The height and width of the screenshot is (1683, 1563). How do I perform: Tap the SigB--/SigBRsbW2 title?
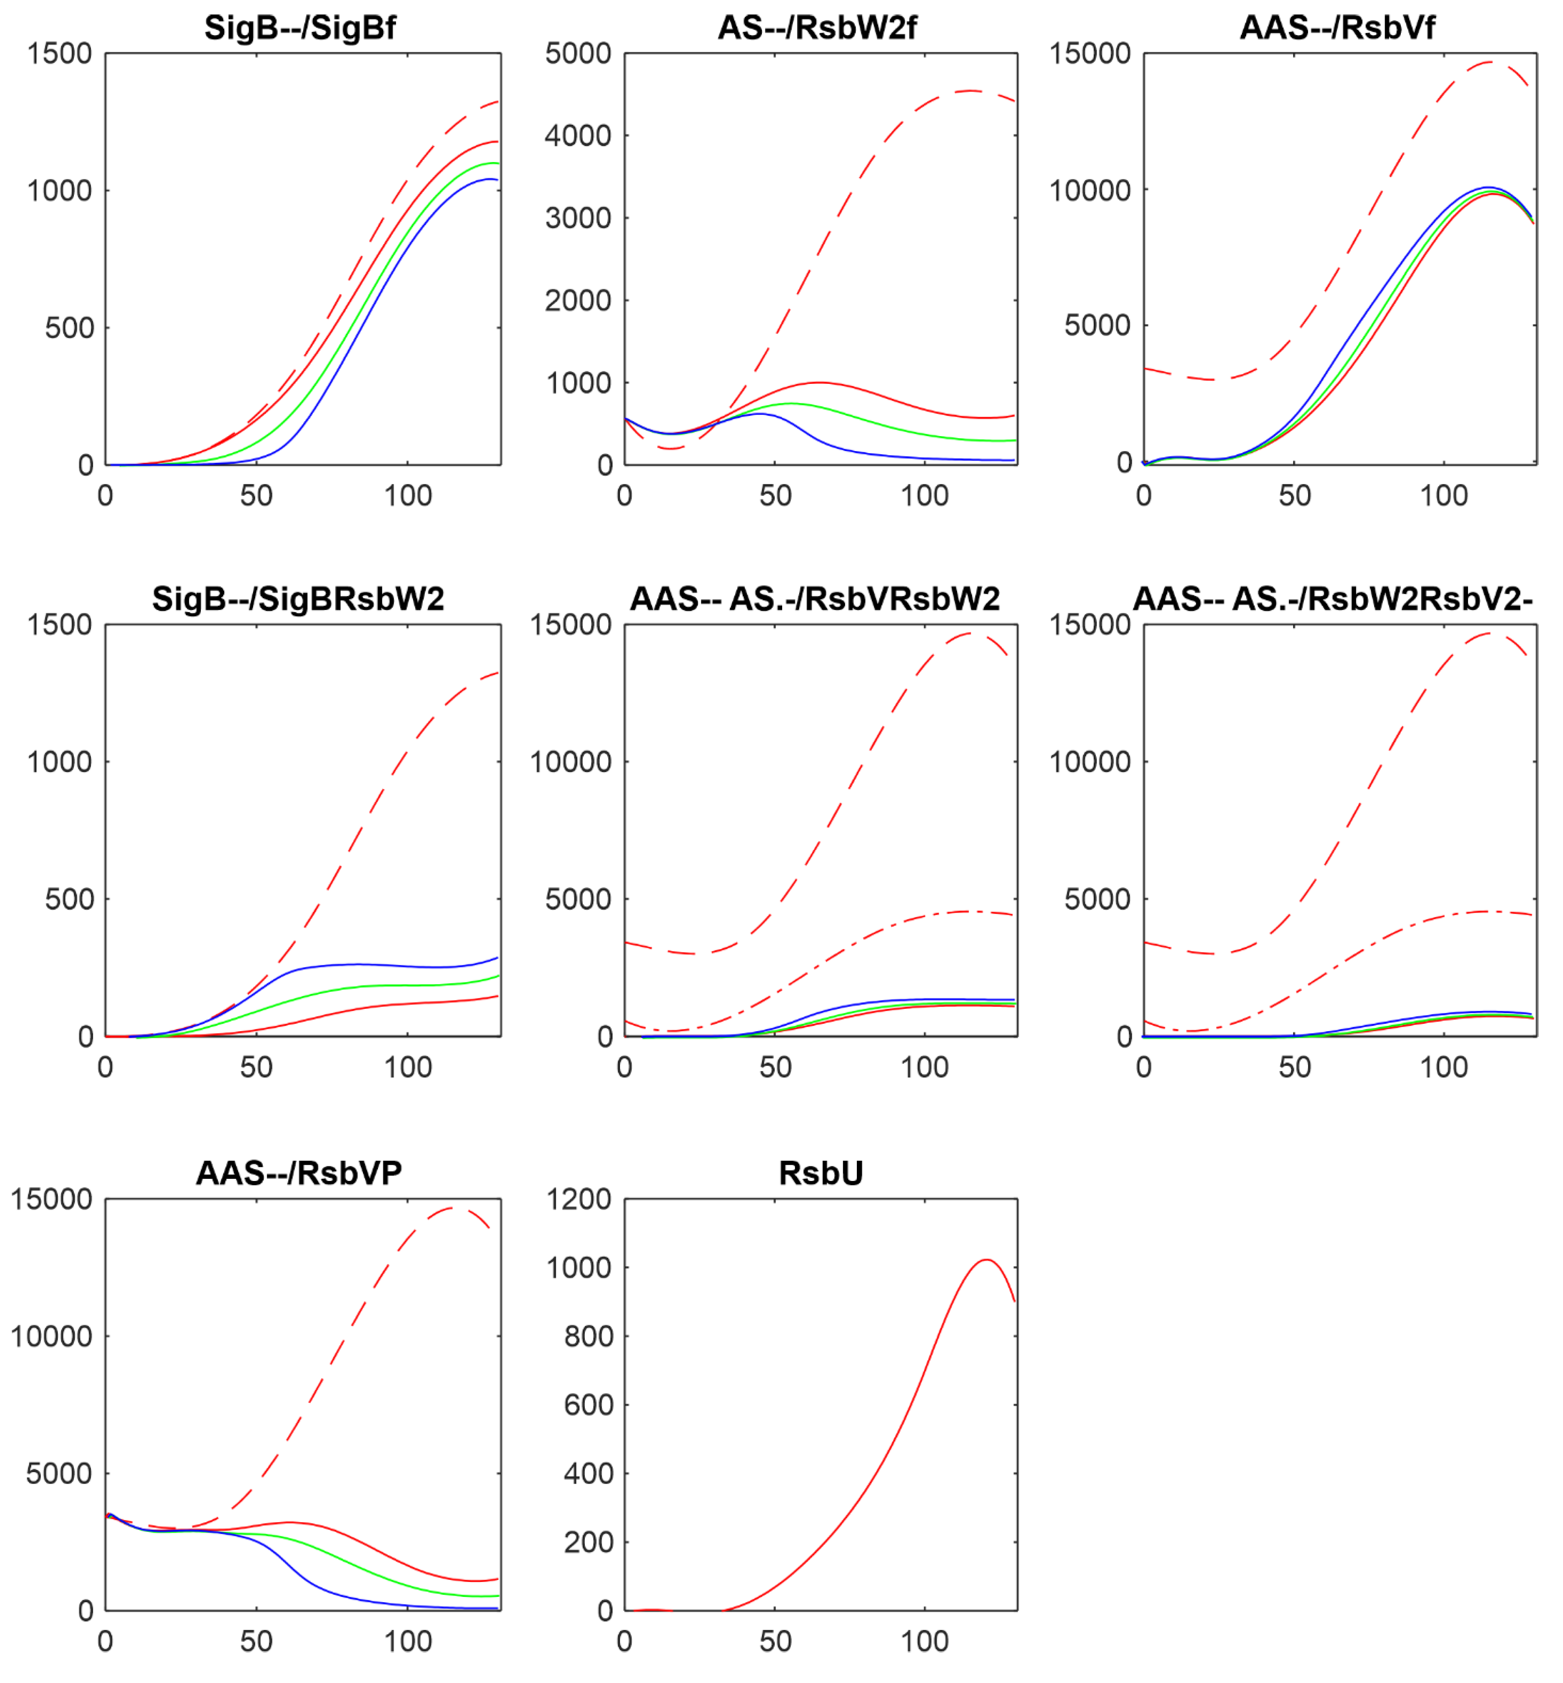pos(298,600)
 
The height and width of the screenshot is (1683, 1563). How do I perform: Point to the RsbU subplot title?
pos(820,1173)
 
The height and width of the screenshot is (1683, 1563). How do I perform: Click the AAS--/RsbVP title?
pos(298,1173)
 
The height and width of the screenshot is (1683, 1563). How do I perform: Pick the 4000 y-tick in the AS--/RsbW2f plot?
pos(578,135)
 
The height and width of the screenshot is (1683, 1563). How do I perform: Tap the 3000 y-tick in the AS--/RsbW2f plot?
pos(578,218)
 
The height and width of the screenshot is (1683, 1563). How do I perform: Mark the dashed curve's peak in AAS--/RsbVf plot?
pos(1493,62)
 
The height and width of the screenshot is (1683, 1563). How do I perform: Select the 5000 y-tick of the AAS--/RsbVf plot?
pos(1097,325)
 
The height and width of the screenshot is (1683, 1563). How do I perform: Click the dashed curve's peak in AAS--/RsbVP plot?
pos(454,1208)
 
